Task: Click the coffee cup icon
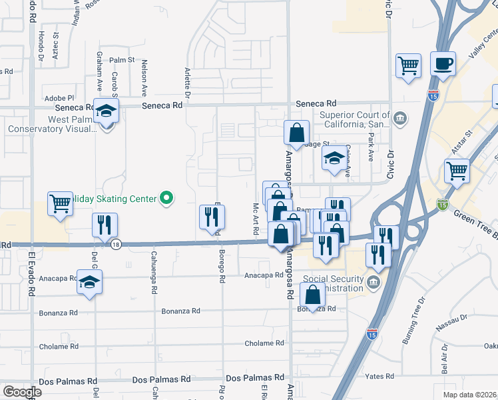[x=443, y=64]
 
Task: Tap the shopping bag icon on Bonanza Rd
[x=312, y=294]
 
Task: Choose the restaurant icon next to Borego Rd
[x=212, y=216]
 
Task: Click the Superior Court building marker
[x=400, y=119]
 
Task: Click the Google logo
[x=22, y=392]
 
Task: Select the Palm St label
[x=123, y=60]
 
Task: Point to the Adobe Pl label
[x=59, y=98]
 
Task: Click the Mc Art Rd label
[x=256, y=219]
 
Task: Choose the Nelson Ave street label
[x=144, y=79]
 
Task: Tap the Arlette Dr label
[x=188, y=83]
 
